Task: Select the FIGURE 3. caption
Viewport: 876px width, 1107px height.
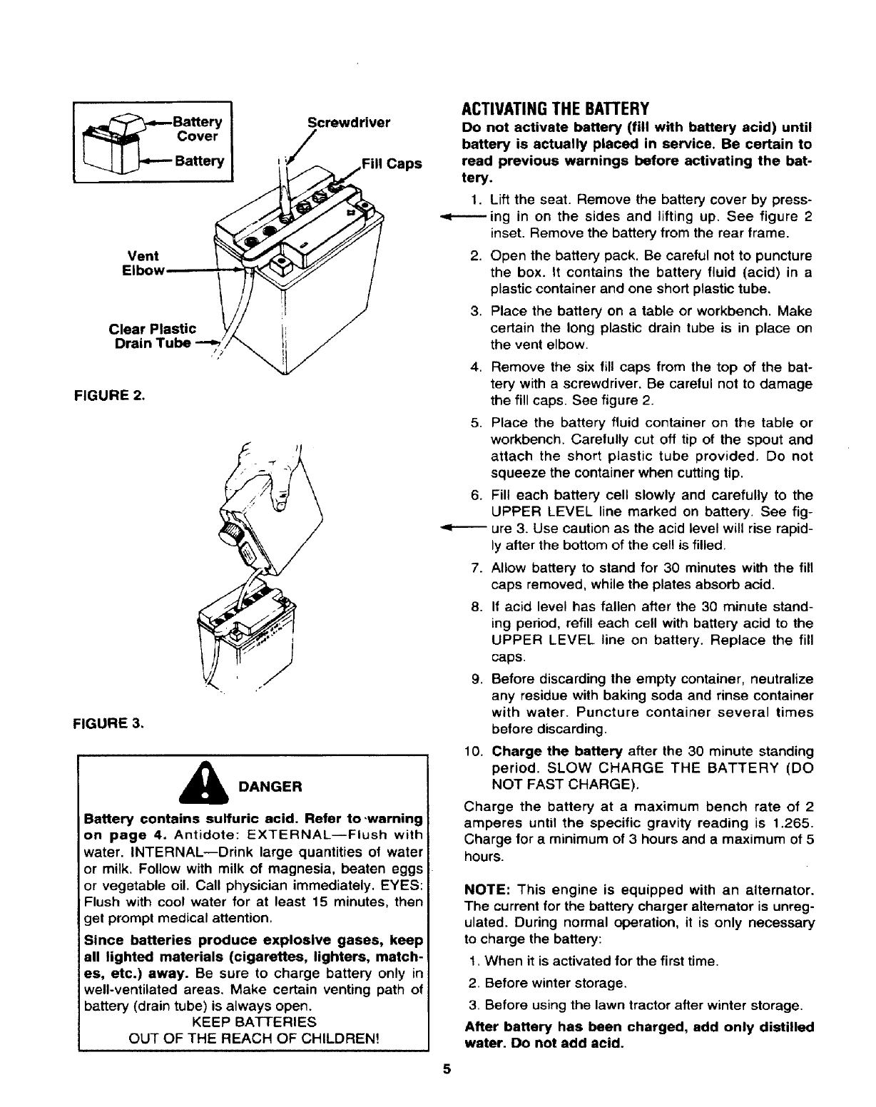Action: tap(110, 723)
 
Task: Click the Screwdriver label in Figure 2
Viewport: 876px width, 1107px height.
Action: tap(349, 122)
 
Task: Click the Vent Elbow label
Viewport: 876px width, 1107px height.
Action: tap(142, 262)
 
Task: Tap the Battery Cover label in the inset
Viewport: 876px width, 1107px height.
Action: tap(199, 128)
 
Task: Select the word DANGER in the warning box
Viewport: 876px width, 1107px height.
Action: tap(271, 787)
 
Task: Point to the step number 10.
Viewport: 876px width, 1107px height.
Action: tap(474, 751)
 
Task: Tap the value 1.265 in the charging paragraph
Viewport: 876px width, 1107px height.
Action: tap(798, 822)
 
